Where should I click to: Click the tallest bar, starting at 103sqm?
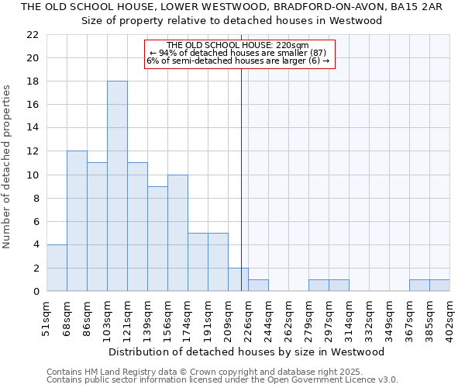pos(117,186)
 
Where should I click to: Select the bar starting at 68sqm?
pos(77,221)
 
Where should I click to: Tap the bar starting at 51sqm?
pos(57,268)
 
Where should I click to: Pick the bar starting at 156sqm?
pos(177,233)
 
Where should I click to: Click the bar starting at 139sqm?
pos(157,239)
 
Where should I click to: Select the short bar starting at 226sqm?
pos(258,286)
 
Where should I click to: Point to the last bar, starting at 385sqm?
pos(439,286)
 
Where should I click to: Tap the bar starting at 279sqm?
pos(319,286)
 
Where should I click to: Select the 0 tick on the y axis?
pos(36,292)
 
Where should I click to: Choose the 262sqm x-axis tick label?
pos(289,319)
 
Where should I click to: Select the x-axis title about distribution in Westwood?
pos(246,352)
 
